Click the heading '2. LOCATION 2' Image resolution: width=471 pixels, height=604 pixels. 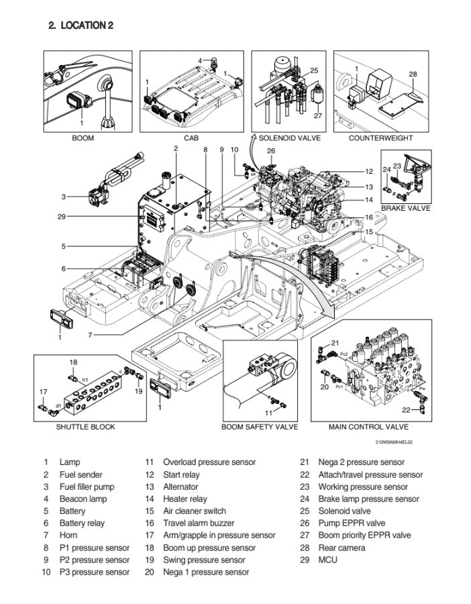(x=81, y=26)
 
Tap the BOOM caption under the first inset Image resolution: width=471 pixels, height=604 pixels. (x=83, y=138)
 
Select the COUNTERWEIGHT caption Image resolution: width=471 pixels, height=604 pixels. (x=380, y=138)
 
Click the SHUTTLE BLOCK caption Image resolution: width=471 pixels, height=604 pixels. (x=85, y=427)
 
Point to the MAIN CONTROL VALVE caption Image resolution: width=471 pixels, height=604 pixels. (x=368, y=427)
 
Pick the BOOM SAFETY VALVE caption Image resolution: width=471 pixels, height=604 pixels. (x=260, y=427)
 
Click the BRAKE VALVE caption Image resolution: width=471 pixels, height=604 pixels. (x=405, y=208)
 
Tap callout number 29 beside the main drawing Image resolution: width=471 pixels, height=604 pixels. (x=61, y=216)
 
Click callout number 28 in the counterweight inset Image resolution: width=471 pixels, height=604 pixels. (x=413, y=74)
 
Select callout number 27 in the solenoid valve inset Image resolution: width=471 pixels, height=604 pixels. (x=318, y=115)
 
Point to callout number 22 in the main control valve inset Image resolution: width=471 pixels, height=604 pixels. (x=407, y=410)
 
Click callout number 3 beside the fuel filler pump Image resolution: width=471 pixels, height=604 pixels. (x=63, y=197)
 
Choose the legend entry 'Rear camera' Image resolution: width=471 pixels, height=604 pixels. (x=342, y=548)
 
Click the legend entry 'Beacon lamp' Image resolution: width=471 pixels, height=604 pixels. (x=83, y=499)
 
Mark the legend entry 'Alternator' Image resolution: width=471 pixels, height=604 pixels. (x=180, y=487)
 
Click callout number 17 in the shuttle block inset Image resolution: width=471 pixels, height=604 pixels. (x=44, y=392)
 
